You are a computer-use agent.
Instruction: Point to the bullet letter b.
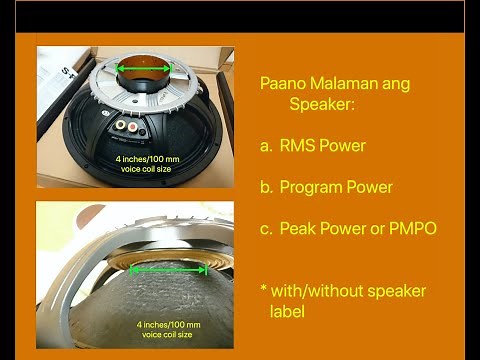click(265, 187)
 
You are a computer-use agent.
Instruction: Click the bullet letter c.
click(265, 229)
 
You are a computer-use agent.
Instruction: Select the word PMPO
click(413, 229)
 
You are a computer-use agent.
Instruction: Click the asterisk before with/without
click(263, 290)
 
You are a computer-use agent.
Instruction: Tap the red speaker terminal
click(121, 127)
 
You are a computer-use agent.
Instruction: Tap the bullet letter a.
click(265, 146)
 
